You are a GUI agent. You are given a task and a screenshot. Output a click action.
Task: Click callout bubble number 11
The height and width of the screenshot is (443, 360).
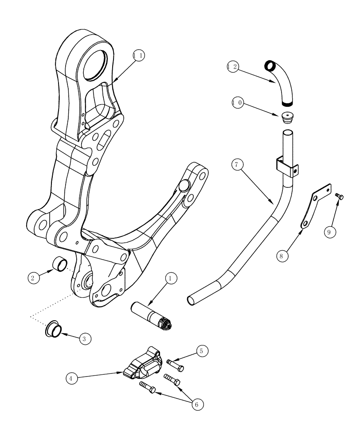[x=139, y=55]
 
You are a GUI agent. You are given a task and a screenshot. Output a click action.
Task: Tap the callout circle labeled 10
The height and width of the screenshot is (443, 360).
[x=237, y=103]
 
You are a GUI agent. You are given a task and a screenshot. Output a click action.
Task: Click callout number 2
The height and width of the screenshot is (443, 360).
[x=33, y=278]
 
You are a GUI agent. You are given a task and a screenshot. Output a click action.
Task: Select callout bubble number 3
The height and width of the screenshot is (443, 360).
[x=86, y=339]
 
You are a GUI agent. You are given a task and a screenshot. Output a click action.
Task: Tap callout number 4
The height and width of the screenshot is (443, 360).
[x=71, y=378]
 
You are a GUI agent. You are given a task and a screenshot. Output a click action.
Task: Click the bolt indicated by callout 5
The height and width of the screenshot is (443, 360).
[x=176, y=364]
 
